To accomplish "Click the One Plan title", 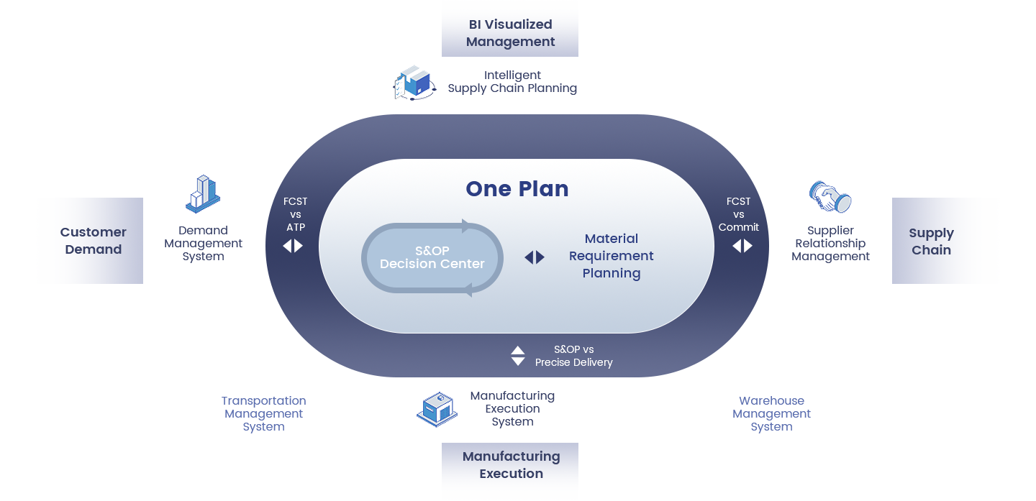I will point(517,188).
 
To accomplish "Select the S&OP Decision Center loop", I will point(432,258).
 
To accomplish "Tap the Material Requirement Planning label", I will point(611,256).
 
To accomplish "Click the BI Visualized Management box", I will point(510,33).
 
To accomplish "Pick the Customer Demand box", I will point(93,241).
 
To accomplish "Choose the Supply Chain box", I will point(931,242).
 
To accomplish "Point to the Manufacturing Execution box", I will point(511,465).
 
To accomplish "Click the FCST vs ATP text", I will point(295,214).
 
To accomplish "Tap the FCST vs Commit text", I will point(738,214).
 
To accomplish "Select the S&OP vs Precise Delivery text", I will point(573,356).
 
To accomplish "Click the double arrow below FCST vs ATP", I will point(293,246).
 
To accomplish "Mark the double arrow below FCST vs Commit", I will point(742,246).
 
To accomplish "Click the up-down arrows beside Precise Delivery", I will point(518,356).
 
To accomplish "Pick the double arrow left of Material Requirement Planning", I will point(535,257).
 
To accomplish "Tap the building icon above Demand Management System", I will point(203,194).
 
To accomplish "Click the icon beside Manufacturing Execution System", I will point(437,410).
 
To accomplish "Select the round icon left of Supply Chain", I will point(830,196).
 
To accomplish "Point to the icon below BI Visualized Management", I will point(415,83).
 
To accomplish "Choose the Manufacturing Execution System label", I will point(512,409).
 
